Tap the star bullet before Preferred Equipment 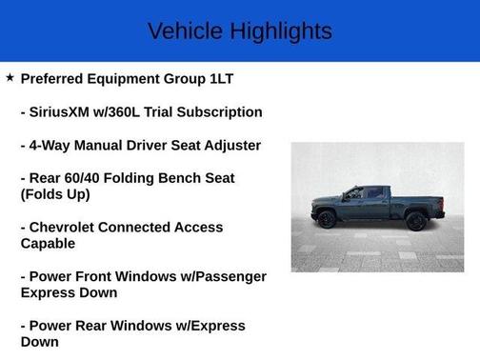(x=10, y=77)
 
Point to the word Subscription (x=218, y=111)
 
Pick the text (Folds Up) (x=55, y=194)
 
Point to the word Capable (x=50, y=244)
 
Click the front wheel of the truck (x=327, y=220)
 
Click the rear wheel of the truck (x=415, y=221)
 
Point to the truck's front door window (x=355, y=194)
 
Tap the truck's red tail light (x=442, y=203)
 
